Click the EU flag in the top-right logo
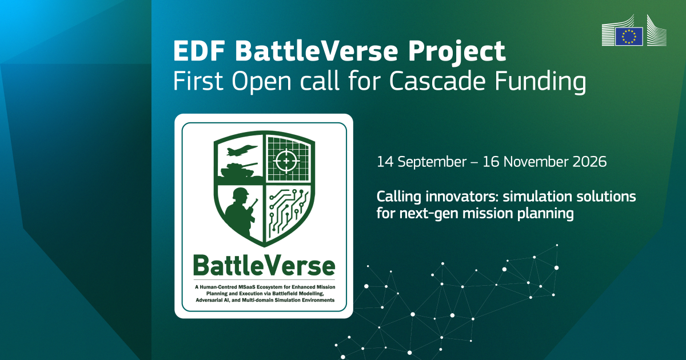pyautogui.click(x=629, y=37)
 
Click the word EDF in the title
pyautogui.click(x=200, y=51)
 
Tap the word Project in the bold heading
pyautogui.click(x=457, y=53)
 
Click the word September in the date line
pyautogui.click(x=432, y=162)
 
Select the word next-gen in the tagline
pyautogui.click(x=429, y=214)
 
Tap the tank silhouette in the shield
pyautogui.click(x=238, y=170)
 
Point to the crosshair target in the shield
pyautogui.click(x=286, y=161)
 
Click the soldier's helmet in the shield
pyautogui.click(x=241, y=193)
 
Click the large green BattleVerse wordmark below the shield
pyautogui.click(x=264, y=265)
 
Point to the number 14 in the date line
pyautogui.click(x=385, y=162)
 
